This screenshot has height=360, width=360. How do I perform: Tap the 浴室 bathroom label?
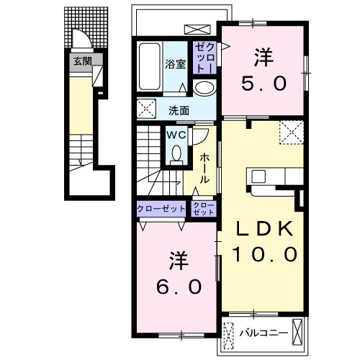coord(175,64)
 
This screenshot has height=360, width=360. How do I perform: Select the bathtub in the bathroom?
coord(150,66)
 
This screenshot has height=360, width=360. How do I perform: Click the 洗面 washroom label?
coord(179,110)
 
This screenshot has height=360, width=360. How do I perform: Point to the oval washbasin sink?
coord(204,88)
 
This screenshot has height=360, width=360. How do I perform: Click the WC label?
coord(176,135)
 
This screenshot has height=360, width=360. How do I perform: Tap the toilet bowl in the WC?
coord(176,153)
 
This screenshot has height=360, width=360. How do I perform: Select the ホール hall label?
coord(204,168)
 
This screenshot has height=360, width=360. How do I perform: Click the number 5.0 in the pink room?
coord(264,84)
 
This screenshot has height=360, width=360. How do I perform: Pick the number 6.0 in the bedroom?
coord(179,287)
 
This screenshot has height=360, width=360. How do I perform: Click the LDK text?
coord(265,229)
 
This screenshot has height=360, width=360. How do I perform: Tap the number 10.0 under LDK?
coord(265,254)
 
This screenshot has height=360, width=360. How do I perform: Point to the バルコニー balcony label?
coord(264,333)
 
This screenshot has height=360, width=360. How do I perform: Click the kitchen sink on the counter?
coord(258,176)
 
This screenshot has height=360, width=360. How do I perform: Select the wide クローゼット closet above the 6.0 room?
coord(161,209)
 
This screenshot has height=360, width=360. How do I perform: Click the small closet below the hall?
coord(204,208)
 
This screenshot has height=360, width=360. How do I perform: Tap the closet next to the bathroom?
coord(205,58)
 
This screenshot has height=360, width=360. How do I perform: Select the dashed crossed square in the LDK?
coord(292,132)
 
